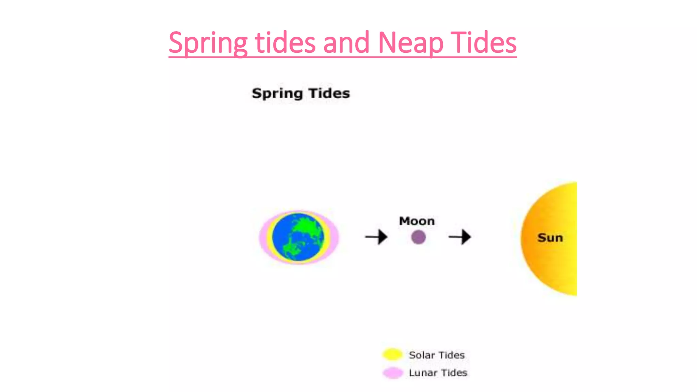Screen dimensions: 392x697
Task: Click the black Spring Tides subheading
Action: click(301, 93)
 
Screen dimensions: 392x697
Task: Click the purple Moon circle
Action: click(418, 237)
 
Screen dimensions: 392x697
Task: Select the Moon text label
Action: click(417, 221)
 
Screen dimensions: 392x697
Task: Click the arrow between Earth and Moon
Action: click(376, 237)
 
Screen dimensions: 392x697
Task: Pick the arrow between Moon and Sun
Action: click(460, 237)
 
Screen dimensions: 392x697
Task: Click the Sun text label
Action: click(550, 238)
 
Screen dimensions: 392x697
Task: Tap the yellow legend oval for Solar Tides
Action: click(392, 354)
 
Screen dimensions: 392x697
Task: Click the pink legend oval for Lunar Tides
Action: click(393, 373)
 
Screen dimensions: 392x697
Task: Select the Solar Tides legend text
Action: click(437, 355)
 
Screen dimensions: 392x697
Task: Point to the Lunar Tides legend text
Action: click(438, 373)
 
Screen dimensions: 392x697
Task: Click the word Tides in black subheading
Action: click(329, 93)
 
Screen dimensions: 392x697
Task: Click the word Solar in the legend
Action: click(422, 355)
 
